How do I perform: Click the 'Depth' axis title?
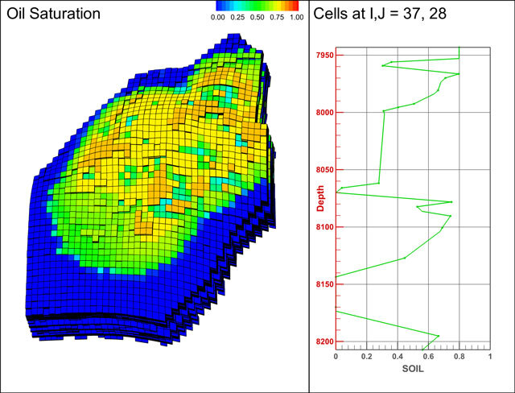click(320, 199)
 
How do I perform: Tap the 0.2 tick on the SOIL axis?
click(366, 355)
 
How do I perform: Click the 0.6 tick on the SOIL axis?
click(428, 355)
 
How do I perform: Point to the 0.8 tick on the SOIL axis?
click(459, 355)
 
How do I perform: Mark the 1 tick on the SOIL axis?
click(490, 355)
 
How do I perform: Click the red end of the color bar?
click(295, 7)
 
